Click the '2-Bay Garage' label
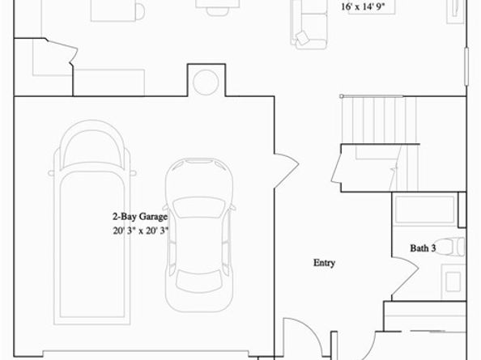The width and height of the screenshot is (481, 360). pos(140,217)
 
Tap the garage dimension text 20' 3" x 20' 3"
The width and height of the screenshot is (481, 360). pos(140,231)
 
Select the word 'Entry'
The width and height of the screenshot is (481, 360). pos(324,263)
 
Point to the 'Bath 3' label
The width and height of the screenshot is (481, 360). pos(423,248)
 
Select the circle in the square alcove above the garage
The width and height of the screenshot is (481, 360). pos(206,80)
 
